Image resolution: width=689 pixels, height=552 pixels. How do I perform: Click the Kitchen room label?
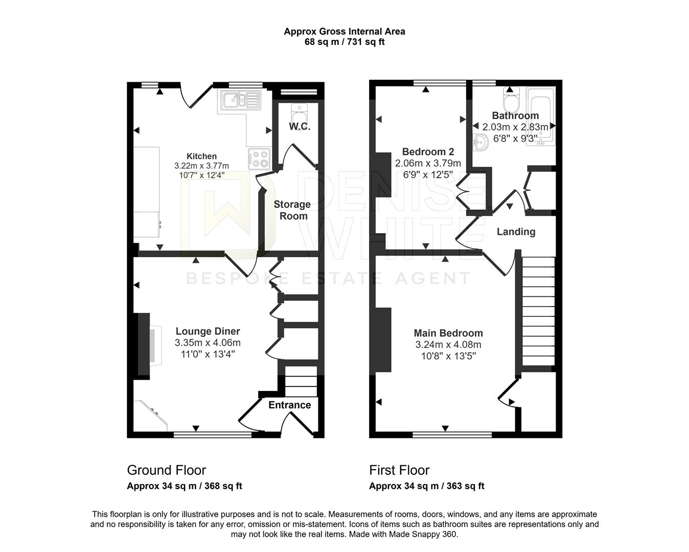click(x=201, y=156)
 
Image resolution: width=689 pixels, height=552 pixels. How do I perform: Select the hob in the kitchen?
click(x=259, y=159)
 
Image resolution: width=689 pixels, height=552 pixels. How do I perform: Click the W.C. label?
click(x=300, y=126)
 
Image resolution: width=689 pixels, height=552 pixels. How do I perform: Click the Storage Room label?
click(x=292, y=210)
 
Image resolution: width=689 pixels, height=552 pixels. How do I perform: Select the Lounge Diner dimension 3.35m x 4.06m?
click(x=208, y=343)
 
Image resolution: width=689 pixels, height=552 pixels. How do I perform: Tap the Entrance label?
click(x=290, y=405)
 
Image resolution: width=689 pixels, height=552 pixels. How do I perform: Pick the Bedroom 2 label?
click(x=428, y=152)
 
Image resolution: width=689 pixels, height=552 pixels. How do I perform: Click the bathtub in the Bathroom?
click(x=541, y=117)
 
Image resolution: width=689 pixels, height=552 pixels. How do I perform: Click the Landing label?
click(x=516, y=232)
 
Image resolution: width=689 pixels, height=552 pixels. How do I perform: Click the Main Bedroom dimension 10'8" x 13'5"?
click(x=448, y=356)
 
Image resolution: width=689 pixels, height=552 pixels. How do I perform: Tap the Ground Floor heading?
click(x=167, y=470)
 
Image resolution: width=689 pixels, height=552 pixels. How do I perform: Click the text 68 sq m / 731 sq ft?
click(x=344, y=42)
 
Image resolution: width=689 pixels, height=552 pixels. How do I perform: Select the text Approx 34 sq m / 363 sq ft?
click(x=427, y=486)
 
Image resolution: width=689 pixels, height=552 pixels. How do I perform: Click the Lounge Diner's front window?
click(x=213, y=435)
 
